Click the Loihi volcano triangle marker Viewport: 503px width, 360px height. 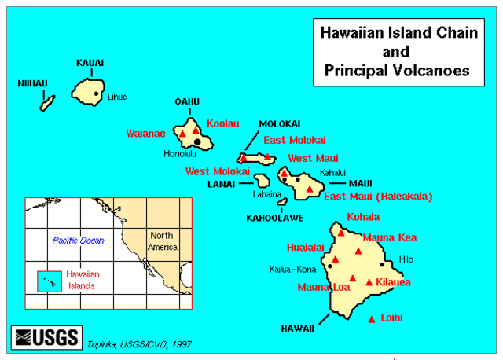[x=372, y=318]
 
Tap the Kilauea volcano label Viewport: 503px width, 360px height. [x=394, y=281]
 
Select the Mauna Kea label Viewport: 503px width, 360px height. [x=390, y=237]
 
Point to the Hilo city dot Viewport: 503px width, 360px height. [x=383, y=265]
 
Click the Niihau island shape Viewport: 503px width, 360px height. [x=48, y=102]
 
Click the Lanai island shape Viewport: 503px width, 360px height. [x=263, y=181]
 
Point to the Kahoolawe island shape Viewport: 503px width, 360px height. [x=281, y=202]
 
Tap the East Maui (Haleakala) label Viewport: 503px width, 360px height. [x=378, y=196]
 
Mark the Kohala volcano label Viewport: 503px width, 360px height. [x=363, y=217]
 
